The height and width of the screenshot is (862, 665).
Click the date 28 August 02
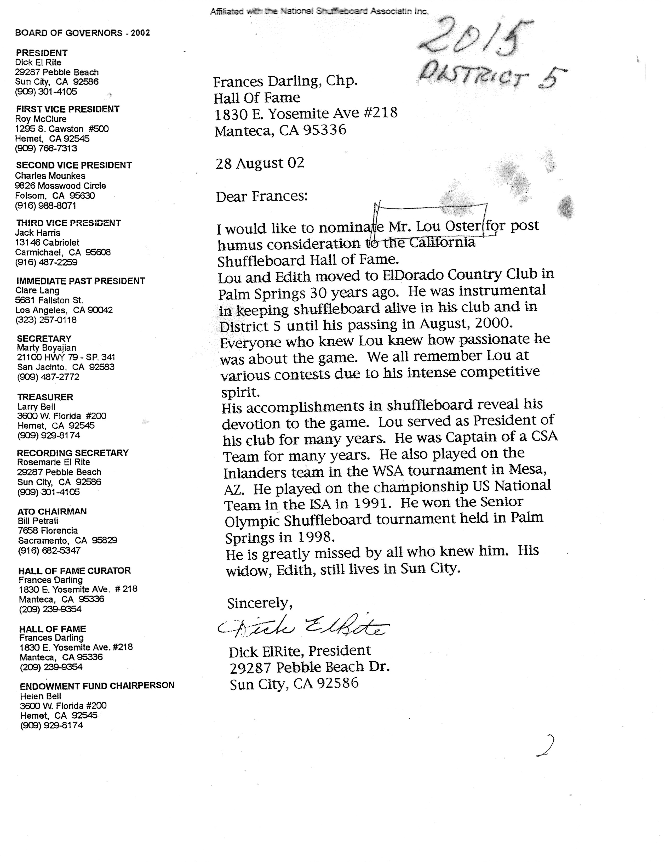point(260,163)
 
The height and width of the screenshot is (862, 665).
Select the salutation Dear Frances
point(261,196)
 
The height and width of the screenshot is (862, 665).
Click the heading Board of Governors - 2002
point(82,33)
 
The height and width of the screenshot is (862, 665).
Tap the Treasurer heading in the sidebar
point(45,397)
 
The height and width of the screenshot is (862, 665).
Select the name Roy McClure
point(41,119)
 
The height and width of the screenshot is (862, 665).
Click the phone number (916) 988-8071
point(45,206)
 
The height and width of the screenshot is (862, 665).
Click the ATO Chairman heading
point(52,511)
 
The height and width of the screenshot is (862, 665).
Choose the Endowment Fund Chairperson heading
point(97,685)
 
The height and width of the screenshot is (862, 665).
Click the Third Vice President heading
point(68,223)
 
